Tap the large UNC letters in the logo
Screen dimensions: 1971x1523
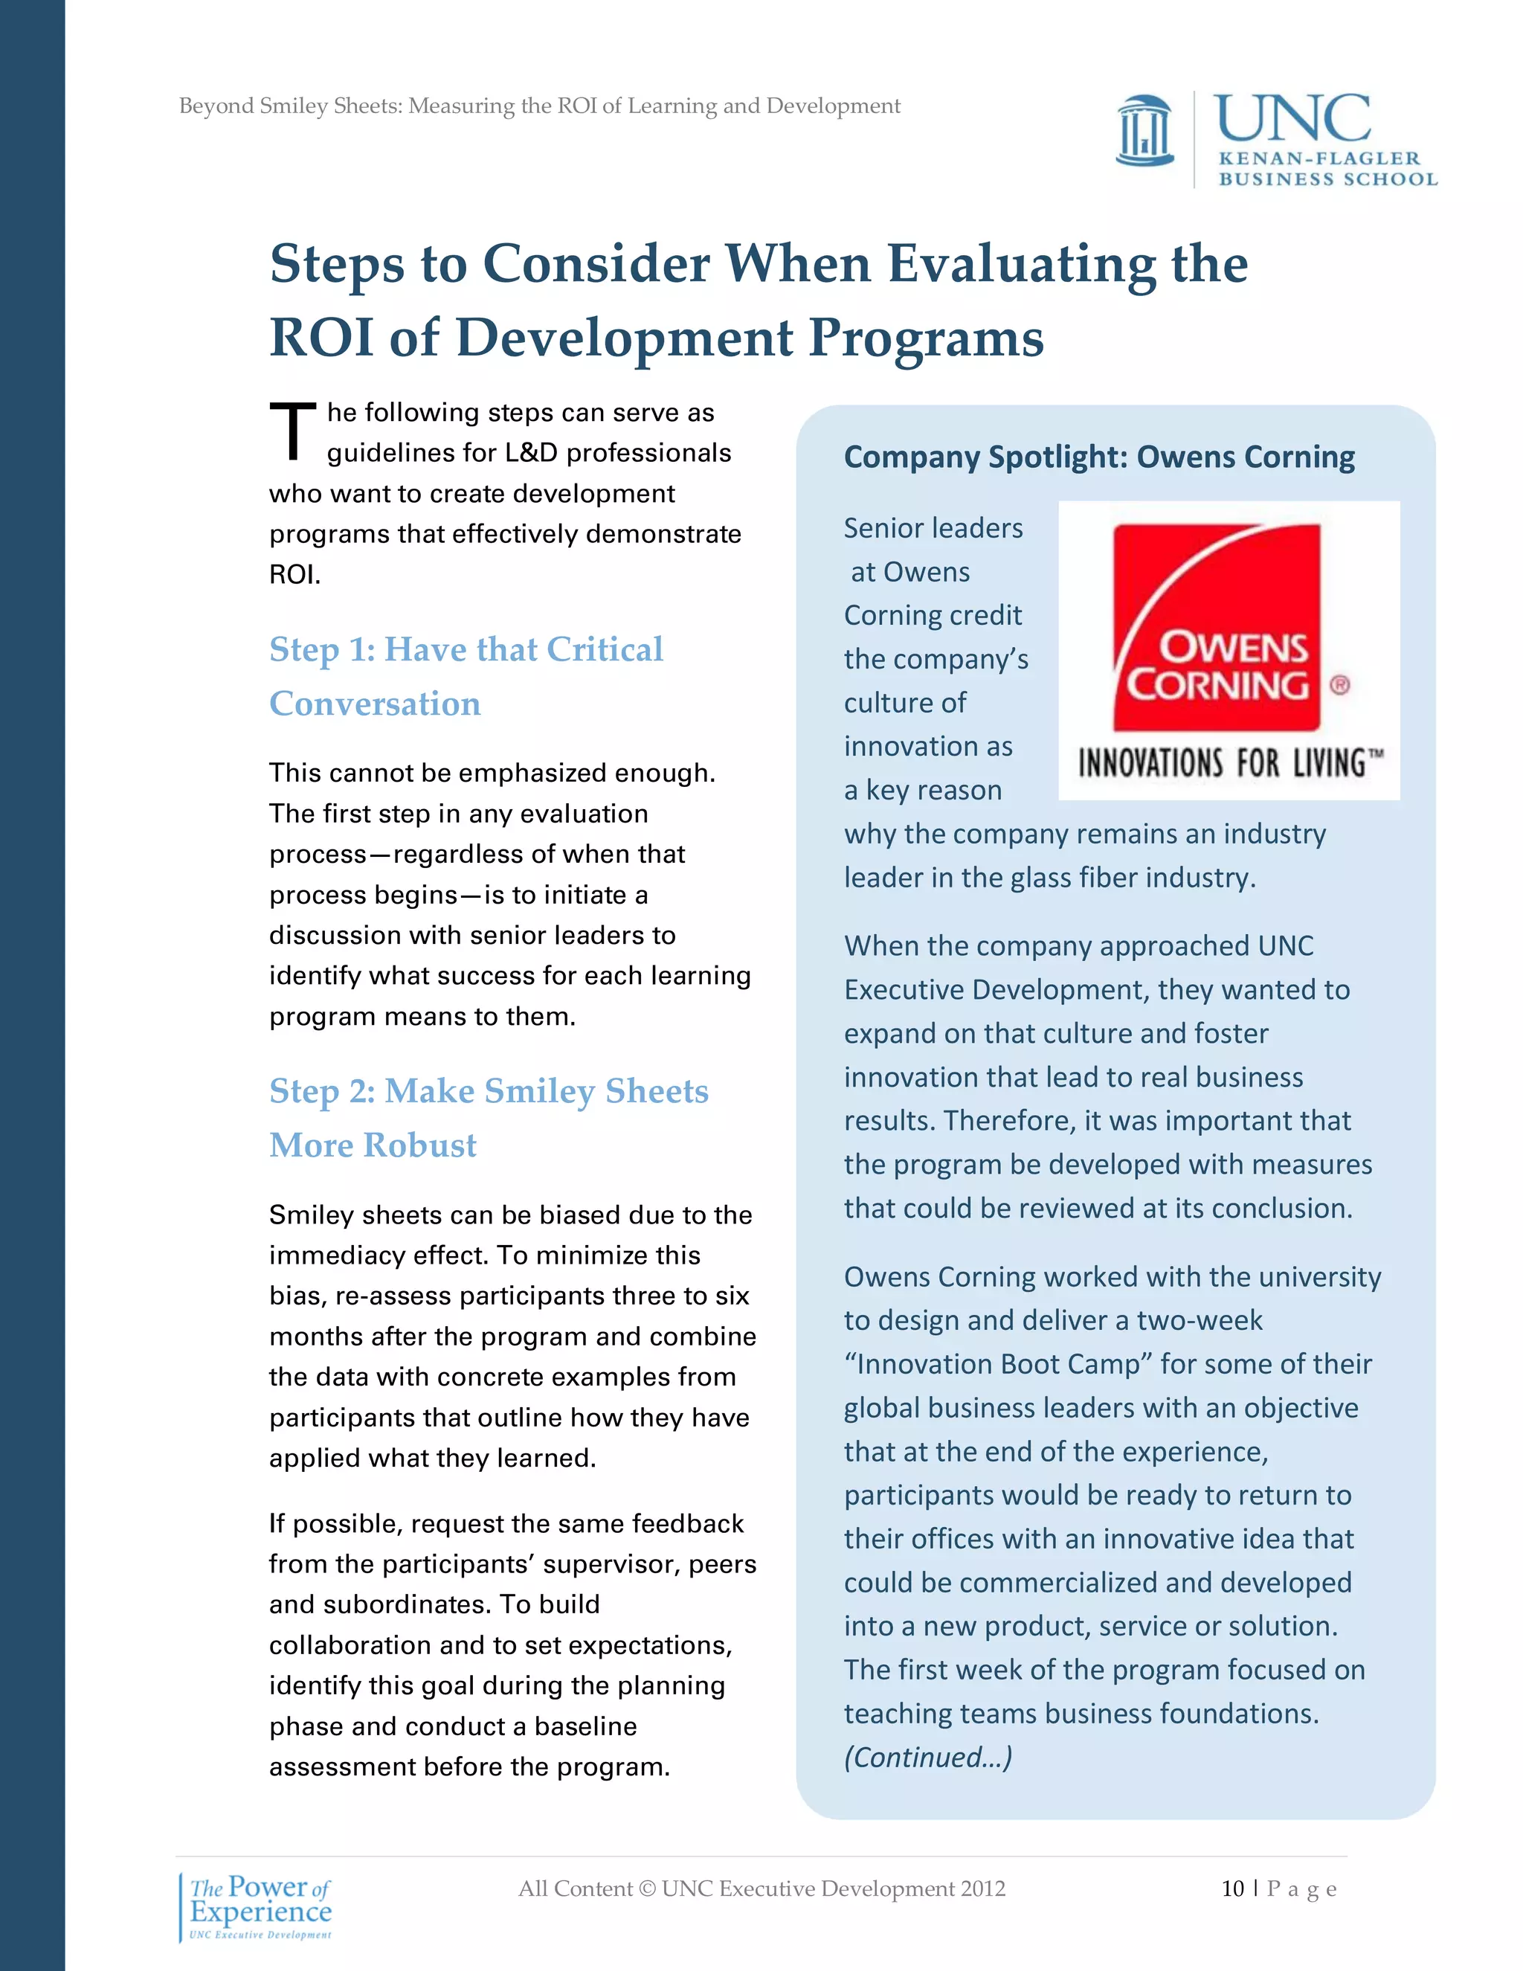1292,120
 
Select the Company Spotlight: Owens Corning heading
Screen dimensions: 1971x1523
1098,457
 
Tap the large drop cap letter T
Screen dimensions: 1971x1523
292,431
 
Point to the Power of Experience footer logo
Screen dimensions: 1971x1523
260,1907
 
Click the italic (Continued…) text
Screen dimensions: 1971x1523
927,1757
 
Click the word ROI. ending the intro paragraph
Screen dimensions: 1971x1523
294,575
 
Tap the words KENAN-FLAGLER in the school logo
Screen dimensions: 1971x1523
1319,159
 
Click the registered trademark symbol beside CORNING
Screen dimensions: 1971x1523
1340,686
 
